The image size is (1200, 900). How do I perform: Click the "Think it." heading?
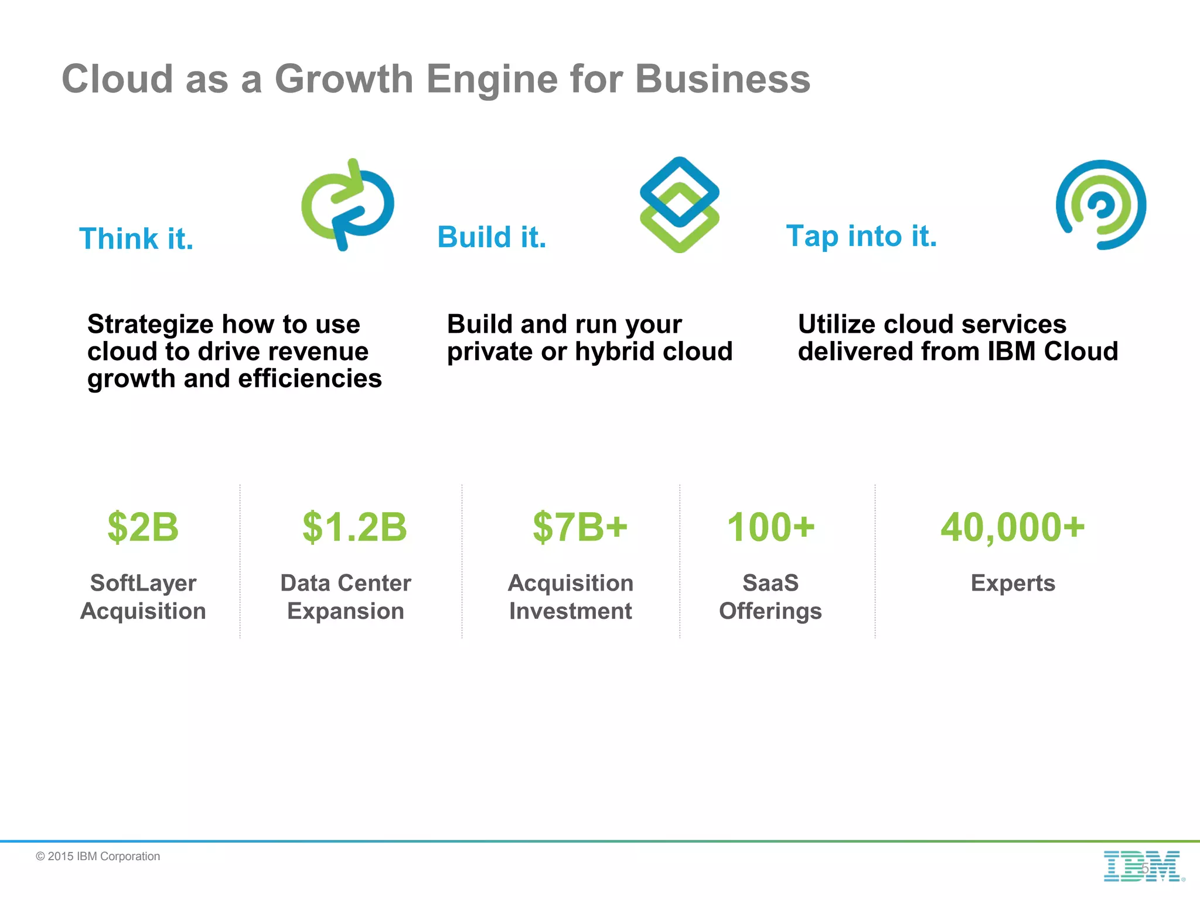[x=136, y=239]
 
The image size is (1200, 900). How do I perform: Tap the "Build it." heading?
[x=492, y=237]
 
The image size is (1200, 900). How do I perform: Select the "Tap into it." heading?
[x=861, y=236]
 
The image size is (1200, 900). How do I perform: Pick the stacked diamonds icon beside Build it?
[x=679, y=205]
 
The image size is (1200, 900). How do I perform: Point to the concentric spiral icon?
[x=1101, y=205]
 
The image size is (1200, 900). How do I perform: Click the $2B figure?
[x=143, y=527]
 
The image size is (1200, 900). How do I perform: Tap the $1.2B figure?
[x=354, y=527]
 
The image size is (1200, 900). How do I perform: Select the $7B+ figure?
[x=579, y=527]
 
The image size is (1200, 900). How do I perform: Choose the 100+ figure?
[x=771, y=527]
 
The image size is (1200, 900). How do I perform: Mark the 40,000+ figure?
[x=1012, y=527]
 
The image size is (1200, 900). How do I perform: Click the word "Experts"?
[x=1012, y=583]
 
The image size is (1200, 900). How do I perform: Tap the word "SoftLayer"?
[x=143, y=583]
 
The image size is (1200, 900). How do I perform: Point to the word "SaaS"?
[x=771, y=583]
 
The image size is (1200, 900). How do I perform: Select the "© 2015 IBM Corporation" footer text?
[x=98, y=856]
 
